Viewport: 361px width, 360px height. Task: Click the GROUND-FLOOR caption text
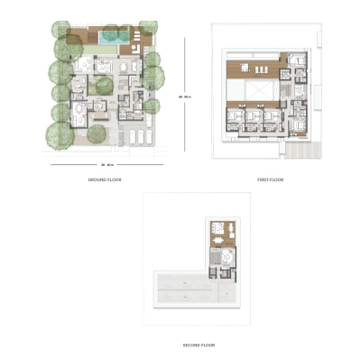tap(104, 180)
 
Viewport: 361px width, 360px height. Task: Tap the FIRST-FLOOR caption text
tap(270, 180)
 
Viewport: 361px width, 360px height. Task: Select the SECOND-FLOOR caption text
tap(198, 345)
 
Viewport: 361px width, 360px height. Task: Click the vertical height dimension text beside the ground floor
tap(184, 95)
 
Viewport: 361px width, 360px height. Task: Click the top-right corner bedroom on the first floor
tap(297, 63)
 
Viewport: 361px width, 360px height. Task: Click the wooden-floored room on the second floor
tap(217, 232)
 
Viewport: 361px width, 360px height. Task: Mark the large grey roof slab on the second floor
tap(184, 291)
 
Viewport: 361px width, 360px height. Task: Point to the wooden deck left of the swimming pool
tap(83, 37)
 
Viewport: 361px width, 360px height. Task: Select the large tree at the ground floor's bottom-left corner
tap(59, 134)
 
